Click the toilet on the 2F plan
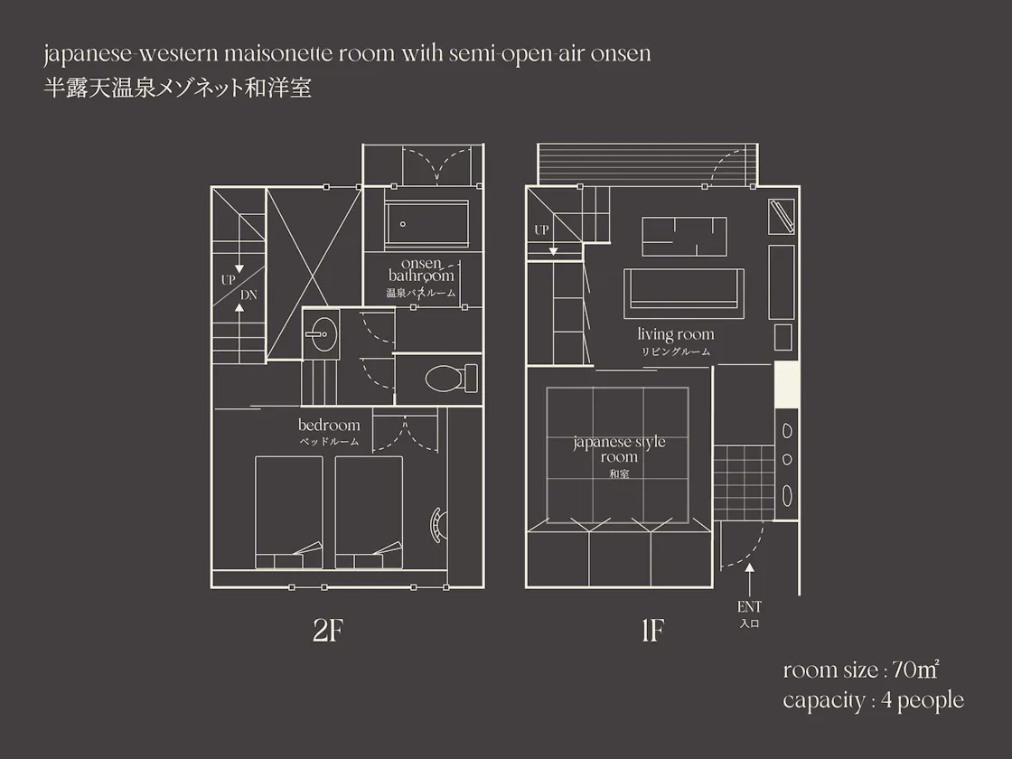point(451,379)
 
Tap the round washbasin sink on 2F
point(320,333)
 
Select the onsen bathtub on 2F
point(426,224)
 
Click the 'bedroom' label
point(329,426)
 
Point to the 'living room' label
point(676,334)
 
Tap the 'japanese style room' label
point(619,449)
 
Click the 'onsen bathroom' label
point(421,270)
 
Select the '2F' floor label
point(327,631)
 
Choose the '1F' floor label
point(652,631)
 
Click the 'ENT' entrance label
point(749,606)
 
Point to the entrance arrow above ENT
point(749,579)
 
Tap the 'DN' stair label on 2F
point(248,295)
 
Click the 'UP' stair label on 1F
point(541,230)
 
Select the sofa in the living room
point(683,294)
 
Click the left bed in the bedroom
point(288,512)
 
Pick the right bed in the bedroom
point(369,512)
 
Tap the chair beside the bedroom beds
point(438,524)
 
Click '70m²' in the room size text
point(915,670)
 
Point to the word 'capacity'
point(823,701)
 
